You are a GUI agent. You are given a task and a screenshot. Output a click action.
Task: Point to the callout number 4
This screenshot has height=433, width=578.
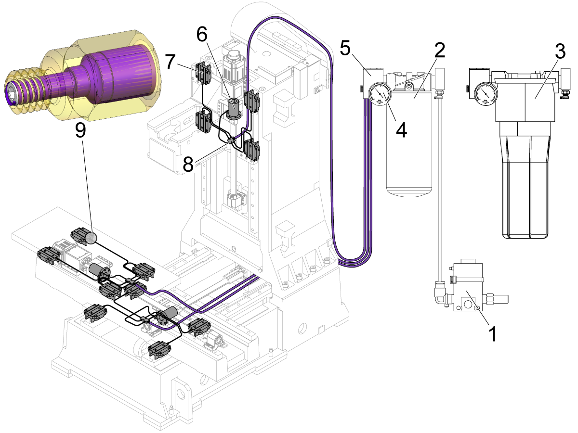pos(401,129)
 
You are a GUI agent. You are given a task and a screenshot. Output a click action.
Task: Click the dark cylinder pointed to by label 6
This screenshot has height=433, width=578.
pos(235,110)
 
